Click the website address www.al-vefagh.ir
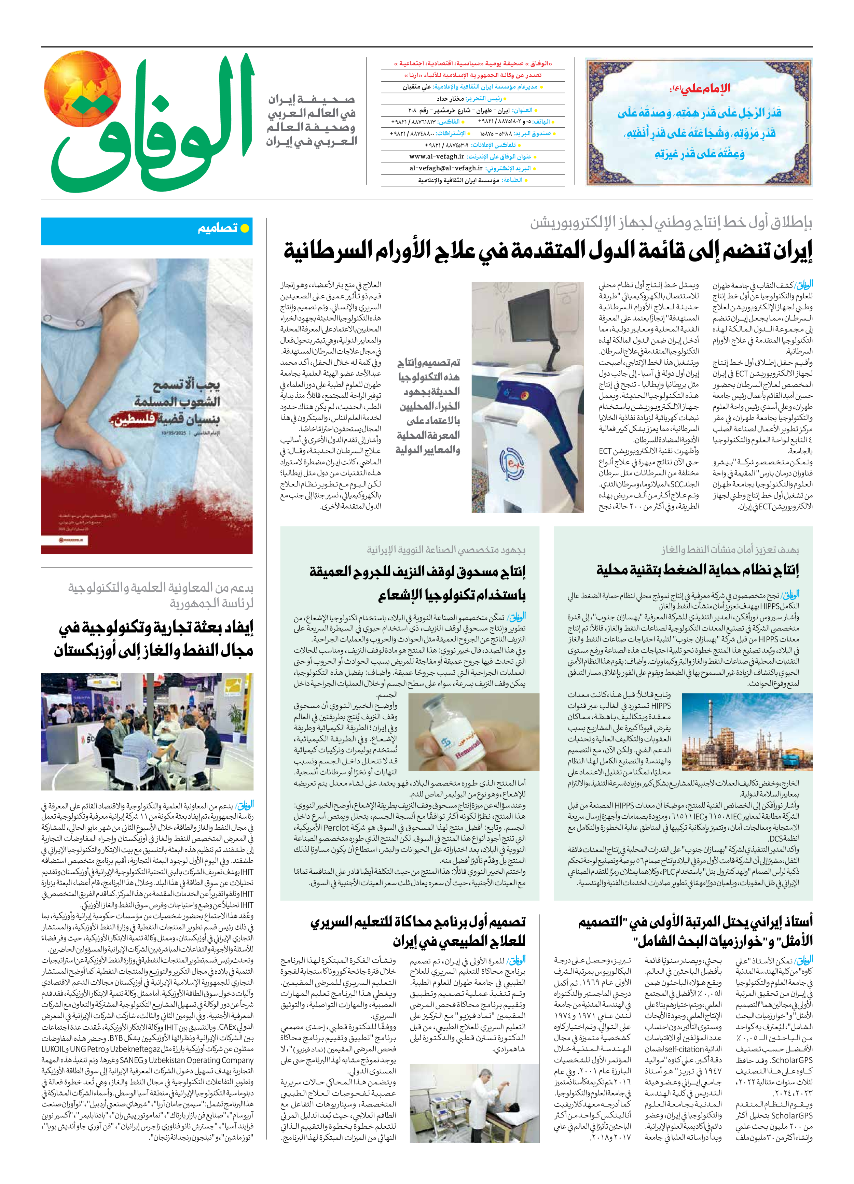click(436, 157)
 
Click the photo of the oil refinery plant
click(747, 732)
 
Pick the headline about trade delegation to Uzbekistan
click(154, 639)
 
